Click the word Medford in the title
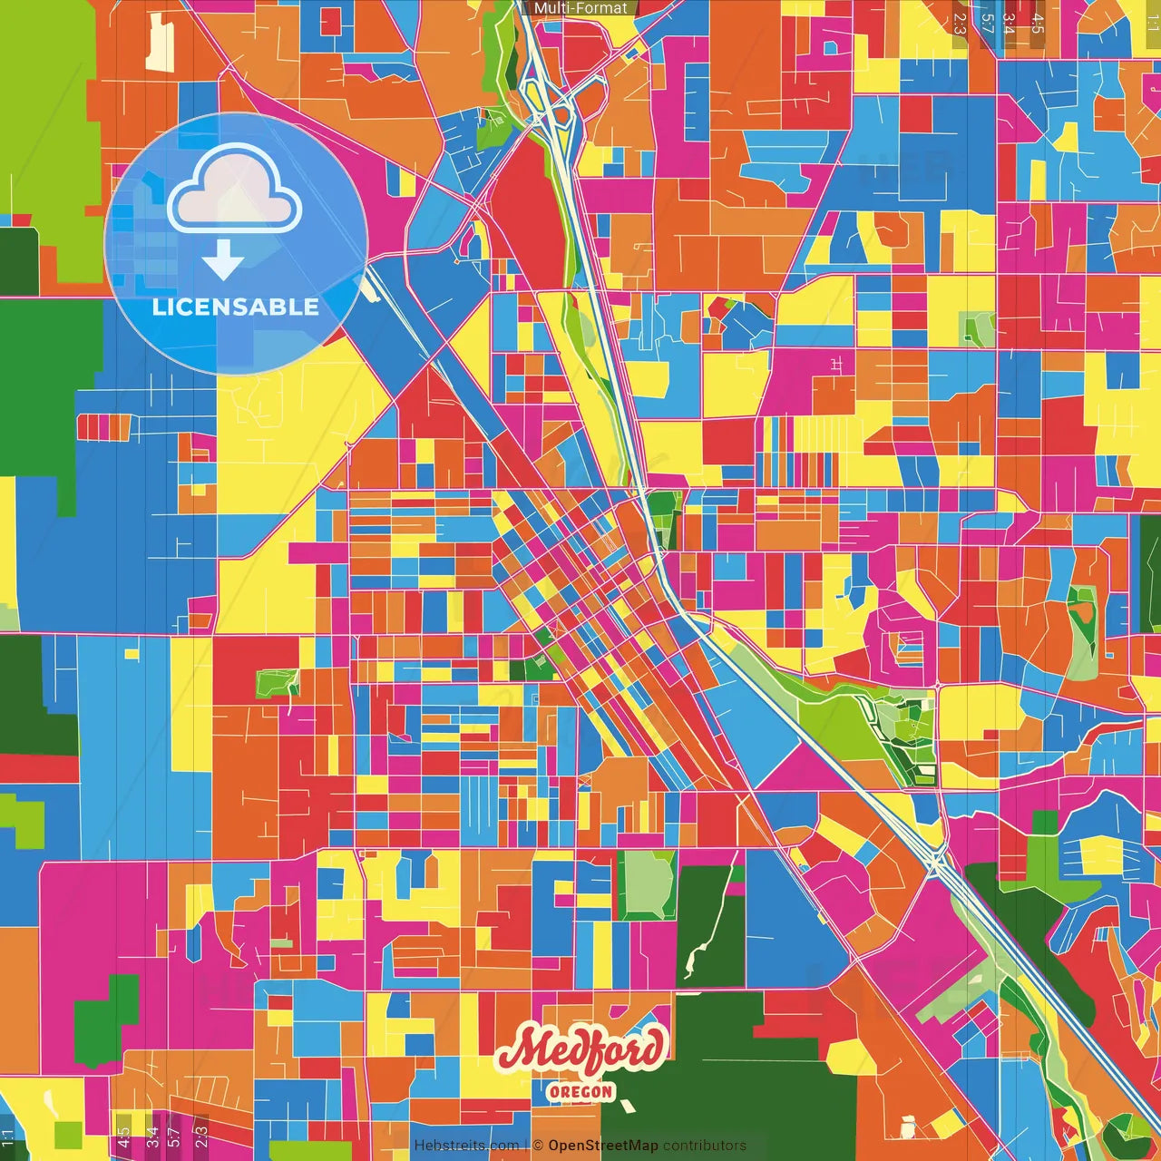click(x=581, y=1050)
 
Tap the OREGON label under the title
click(x=580, y=1092)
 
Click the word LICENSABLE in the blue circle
click(x=236, y=307)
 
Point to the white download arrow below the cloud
click(x=223, y=259)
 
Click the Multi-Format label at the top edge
click(x=580, y=8)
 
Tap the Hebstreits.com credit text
click(x=466, y=1146)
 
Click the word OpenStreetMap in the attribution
click(x=602, y=1146)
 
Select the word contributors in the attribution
click(x=705, y=1146)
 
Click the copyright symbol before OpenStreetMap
click(x=537, y=1146)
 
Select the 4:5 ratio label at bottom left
click(x=124, y=1137)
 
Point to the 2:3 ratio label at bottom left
click(x=202, y=1137)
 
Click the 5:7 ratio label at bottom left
click(x=175, y=1137)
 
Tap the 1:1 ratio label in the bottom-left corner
click(x=8, y=1139)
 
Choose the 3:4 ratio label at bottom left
click(x=151, y=1137)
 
